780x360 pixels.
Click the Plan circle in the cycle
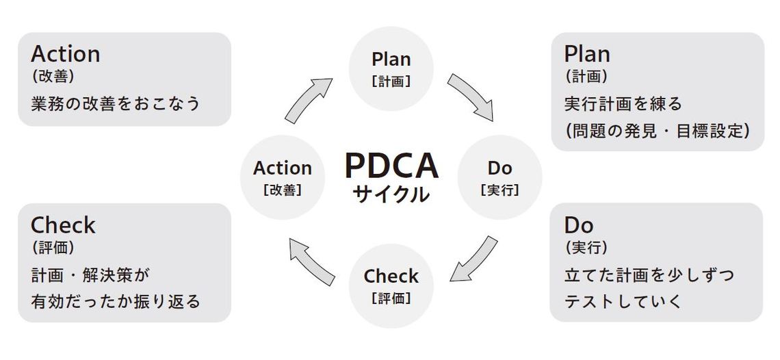point(391,68)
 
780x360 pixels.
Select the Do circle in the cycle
point(499,177)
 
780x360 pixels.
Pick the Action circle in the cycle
point(282,177)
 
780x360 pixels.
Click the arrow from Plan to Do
point(471,97)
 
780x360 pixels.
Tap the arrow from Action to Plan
point(309,99)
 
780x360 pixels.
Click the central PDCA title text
point(391,166)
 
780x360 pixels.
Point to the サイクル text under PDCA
point(391,194)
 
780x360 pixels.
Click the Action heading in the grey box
point(66,53)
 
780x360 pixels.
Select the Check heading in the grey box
point(63,225)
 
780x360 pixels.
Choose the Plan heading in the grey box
point(587,53)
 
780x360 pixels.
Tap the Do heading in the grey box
point(579,224)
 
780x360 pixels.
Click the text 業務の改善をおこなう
point(116,103)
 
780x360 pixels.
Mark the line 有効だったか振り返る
point(116,300)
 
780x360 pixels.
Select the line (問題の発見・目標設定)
point(658,130)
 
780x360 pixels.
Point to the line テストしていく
point(623,300)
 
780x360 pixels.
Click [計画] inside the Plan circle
point(391,81)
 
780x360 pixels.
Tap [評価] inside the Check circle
point(391,298)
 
